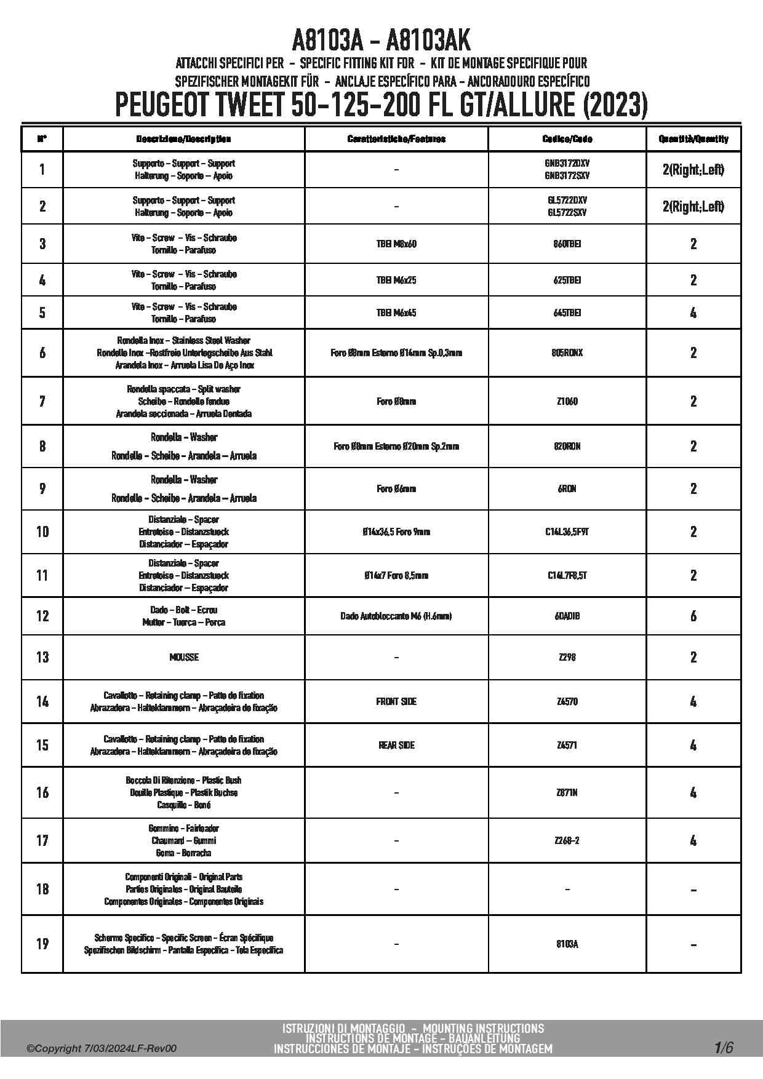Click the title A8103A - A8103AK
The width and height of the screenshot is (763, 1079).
point(381,41)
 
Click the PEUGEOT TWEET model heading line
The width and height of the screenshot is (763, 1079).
point(381,105)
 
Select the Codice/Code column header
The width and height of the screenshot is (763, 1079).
point(567,139)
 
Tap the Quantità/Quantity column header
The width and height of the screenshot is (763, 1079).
point(693,139)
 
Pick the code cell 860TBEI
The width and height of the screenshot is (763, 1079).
point(567,244)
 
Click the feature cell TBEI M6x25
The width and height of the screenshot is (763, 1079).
point(396,280)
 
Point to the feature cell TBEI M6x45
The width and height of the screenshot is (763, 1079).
point(396,313)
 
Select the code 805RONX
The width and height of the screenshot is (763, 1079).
point(567,352)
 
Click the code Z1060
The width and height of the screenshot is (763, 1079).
point(567,401)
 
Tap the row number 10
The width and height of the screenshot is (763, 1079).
point(42,532)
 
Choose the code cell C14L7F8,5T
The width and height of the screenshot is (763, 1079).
point(567,575)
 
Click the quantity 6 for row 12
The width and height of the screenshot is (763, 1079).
point(693,616)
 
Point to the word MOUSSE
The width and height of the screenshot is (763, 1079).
point(184,657)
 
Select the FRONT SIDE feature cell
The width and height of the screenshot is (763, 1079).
point(396,701)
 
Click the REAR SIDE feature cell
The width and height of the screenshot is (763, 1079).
point(396,745)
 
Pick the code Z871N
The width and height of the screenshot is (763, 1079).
point(567,792)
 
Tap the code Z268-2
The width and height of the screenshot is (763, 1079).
point(567,840)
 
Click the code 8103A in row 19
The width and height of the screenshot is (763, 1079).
point(567,944)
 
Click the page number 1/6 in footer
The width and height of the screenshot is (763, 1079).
point(724,1048)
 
